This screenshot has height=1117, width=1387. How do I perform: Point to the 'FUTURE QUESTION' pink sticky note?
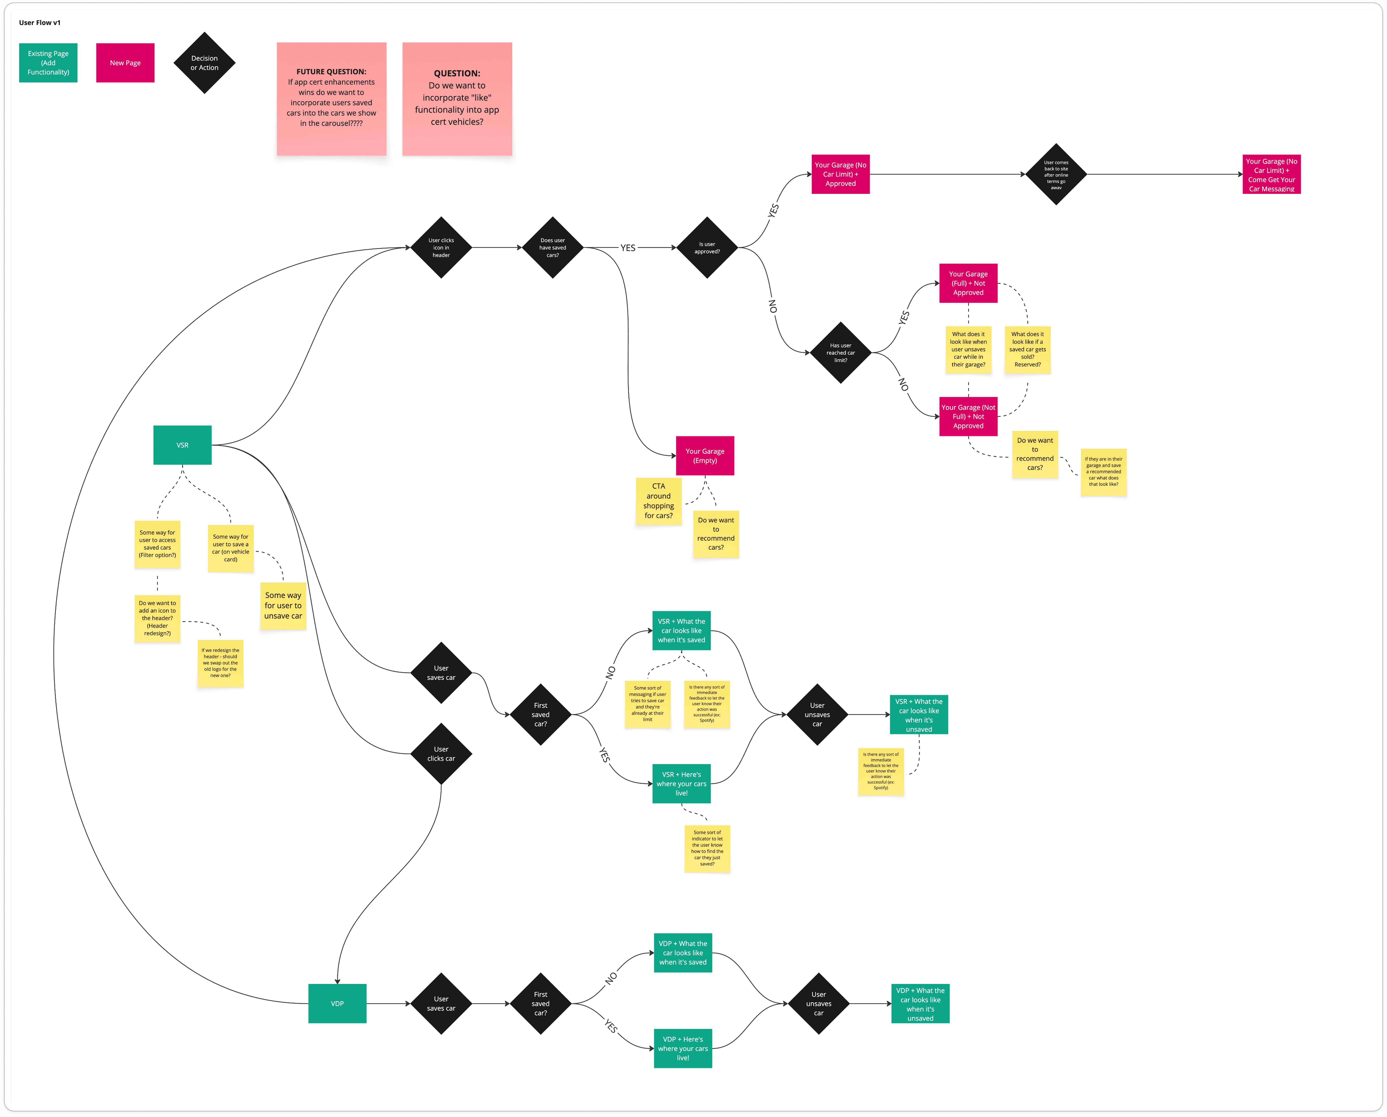click(x=331, y=99)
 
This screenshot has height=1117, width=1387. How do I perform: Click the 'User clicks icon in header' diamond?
click(x=441, y=248)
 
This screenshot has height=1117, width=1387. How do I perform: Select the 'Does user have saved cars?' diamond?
click(x=553, y=248)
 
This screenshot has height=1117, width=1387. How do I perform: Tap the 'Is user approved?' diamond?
click(x=707, y=248)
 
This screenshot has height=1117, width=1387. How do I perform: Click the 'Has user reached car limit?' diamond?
click(x=840, y=353)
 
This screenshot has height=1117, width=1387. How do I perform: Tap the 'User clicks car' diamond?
click(x=441, y=753)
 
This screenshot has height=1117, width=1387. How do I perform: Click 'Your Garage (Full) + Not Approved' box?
click(x=968, y=283)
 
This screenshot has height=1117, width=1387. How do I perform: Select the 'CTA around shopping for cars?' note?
click(x=658, y=501)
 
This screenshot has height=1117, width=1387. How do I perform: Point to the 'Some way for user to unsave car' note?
click(x=283, y=606)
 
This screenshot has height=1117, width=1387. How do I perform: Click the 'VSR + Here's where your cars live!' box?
click(x=681, y=784)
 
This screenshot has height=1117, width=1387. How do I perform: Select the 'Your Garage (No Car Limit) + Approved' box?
click(x=840, y=174)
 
